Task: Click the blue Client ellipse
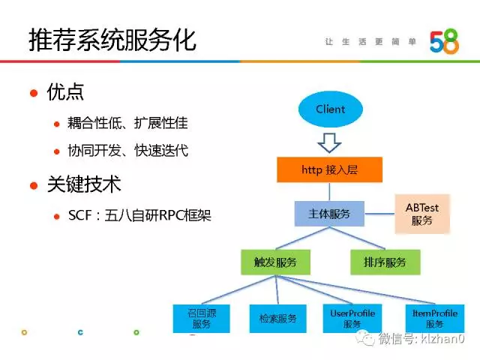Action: click(x=330, y=109)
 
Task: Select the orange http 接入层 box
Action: click(x=329, y=170)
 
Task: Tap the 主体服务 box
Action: click(x=329, y=215)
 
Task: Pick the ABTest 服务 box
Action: click(x=422, y=214)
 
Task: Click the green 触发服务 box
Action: click(x=275, y=262)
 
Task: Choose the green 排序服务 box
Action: click(x=385, y=262)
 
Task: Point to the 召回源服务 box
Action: click(x=201, y=318)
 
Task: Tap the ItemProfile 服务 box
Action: click(x=435, y=318)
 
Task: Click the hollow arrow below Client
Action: click(x=330, y=141)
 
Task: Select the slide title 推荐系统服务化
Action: click(x=112, y=40)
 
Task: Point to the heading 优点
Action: click(x=65, y=92)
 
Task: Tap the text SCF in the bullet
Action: click(x=79, y=216)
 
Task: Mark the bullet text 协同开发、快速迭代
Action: click(x=127, y=151)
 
